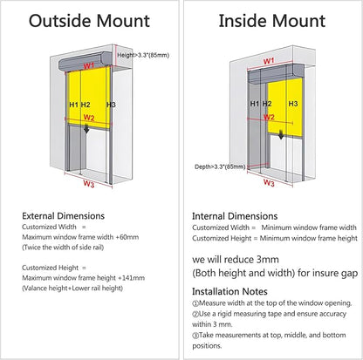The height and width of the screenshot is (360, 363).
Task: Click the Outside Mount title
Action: (x=89, y=21)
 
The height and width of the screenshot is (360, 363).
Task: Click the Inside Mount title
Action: (x=272, y=21)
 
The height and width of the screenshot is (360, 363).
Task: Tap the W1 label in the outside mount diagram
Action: (x=89, y=65)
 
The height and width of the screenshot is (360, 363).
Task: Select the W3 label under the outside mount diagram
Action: (x=89, y=184)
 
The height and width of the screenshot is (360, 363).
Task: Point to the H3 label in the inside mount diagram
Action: (x=293, y=104)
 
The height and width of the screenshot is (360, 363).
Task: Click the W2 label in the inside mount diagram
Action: (x=269, y=117)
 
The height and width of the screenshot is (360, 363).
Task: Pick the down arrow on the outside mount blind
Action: (x=86, y=129)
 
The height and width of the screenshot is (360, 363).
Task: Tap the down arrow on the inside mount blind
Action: (x=281, y=134)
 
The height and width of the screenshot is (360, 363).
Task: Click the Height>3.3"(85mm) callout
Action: (x=143, y=55)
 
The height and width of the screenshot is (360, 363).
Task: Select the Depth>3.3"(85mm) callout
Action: (x=220, y=166)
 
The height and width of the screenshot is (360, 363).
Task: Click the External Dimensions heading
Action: (x=63, y=216)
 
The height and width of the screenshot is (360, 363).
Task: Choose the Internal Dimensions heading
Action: (x=235, y=216)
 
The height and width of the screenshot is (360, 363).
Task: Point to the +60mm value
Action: (x=127, y=237)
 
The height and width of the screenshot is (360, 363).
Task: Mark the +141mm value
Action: (x=132, y=278)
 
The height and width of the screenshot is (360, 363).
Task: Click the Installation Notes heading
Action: (x=229, y=291)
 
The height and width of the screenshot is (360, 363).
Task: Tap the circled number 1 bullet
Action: (x=195, y=303)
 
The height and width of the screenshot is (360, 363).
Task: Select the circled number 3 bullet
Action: (x=195, y=336)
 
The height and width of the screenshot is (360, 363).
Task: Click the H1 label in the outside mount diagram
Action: (x=74, y=105)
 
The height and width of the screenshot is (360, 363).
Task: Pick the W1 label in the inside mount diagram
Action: (x=269, y=61)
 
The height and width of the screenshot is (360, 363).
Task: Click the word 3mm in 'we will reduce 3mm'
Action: (x=268, y=259)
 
